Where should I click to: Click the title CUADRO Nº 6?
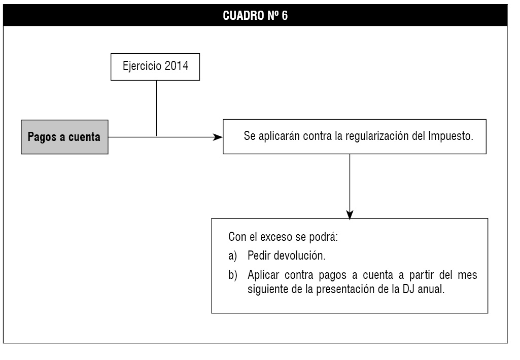[255, 16]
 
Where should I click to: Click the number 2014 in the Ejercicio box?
[177, 65]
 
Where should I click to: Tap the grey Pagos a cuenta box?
[64, 137]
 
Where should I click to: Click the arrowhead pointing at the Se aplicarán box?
[218, 137]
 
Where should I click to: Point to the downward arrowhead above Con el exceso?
[350, 214]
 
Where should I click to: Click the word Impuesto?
[450, 136]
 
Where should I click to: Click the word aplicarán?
[279, 136]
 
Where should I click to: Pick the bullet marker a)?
[233, 256]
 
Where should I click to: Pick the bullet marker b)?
[233, 275]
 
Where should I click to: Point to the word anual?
[431, 289]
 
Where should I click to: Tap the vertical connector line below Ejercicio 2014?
[156, 109]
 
